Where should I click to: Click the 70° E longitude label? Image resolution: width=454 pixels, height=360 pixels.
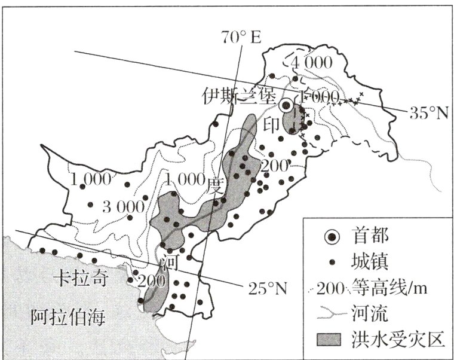point(242,38)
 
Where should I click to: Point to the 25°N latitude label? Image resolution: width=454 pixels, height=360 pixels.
point(266,289)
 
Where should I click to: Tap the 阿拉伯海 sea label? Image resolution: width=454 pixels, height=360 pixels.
point(68,318)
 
